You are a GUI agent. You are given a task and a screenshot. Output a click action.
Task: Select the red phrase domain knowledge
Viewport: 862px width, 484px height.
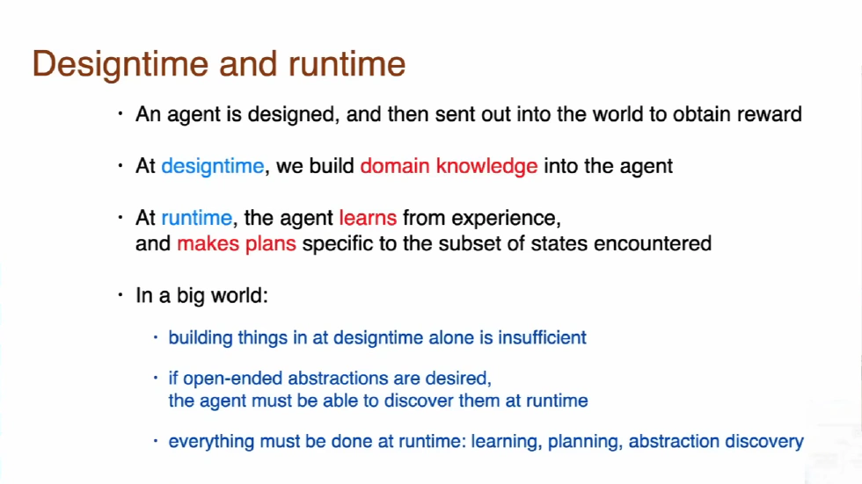449,166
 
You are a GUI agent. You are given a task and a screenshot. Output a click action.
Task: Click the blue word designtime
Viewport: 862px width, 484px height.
212,166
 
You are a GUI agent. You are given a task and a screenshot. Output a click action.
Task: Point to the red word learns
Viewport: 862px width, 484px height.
368,218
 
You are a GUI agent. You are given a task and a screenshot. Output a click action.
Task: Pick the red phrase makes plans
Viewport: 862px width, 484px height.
237,243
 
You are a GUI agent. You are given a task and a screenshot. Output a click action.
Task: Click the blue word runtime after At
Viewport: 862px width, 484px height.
196,218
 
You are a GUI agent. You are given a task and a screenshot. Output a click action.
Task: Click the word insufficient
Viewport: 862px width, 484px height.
542,337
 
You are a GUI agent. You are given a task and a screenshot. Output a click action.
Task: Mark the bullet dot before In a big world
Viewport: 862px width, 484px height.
123,296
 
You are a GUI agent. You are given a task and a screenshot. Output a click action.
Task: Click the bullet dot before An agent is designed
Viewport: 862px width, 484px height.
123,114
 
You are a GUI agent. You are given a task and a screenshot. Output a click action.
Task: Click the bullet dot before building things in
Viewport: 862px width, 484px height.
157,337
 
